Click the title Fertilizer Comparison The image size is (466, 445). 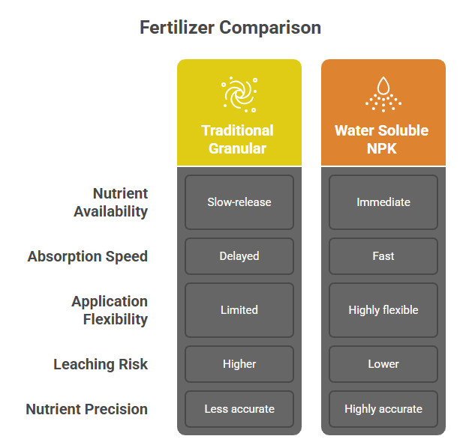click(230, 28)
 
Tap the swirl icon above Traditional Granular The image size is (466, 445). click(239, 94)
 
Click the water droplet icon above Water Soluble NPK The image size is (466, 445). click(383, 94)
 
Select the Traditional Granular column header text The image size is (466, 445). click(237, 139)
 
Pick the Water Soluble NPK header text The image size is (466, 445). click(382, 139)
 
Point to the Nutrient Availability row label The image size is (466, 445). click(110, 202)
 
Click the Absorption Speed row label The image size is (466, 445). click(88, 256)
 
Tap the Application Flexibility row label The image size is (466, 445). click(110, 310)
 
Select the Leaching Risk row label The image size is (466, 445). click(101, 364)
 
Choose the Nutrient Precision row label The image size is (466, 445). click(87, 409)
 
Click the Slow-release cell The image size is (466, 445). click(239, 202)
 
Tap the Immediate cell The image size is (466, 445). click(383, 202)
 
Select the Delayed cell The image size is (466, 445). click(239, 256)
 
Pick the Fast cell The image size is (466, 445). click(383, 256)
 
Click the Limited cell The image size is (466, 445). click(239, 310)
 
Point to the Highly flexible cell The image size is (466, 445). click(383, 310)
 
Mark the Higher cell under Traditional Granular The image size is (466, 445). click(239, 364)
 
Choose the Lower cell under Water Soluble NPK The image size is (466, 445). click(383, 364)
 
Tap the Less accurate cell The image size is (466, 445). click(239, 409)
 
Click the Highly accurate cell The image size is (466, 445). click(383, 409)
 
